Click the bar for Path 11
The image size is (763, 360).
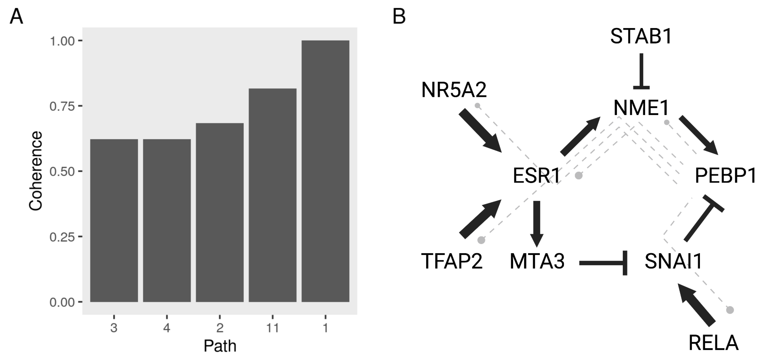[272, 195]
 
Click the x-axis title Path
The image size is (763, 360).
[220, 346]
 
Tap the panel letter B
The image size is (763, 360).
[399, 17]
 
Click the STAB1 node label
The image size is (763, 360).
[641, 37]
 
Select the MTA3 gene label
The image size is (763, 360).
[537, 261]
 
